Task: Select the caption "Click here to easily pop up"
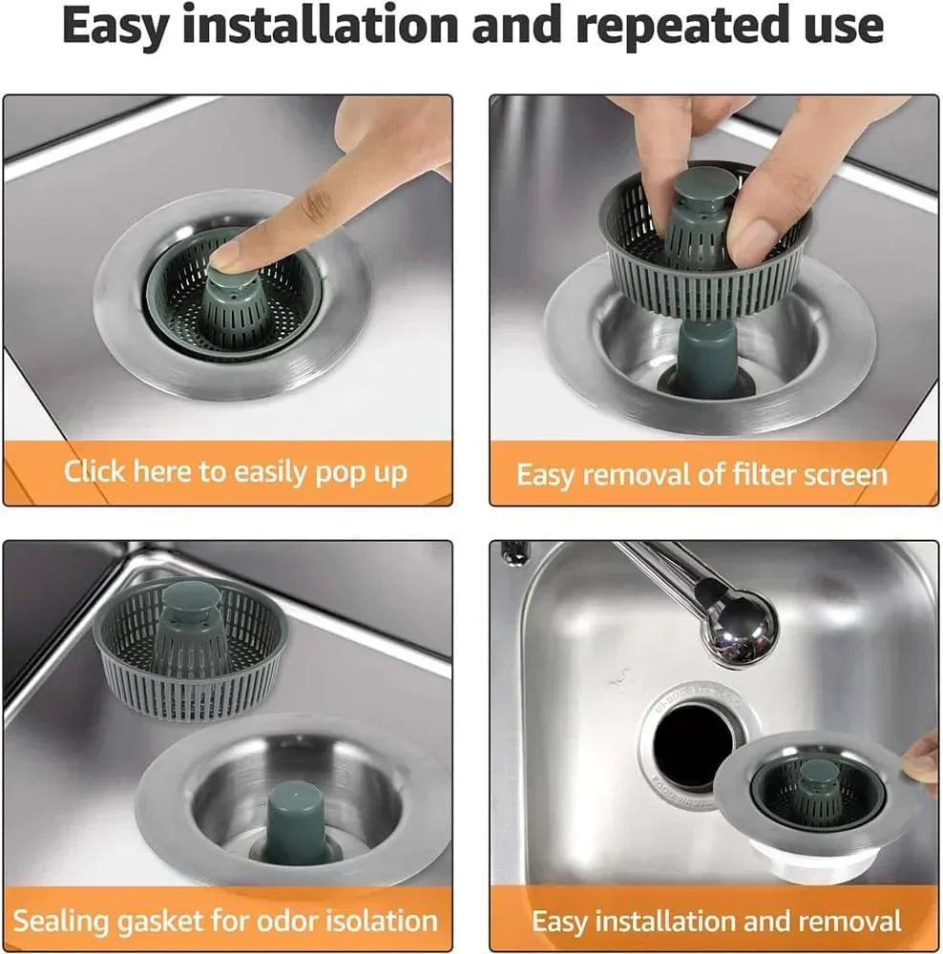point(235,471)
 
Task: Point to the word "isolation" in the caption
point(388,921)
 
